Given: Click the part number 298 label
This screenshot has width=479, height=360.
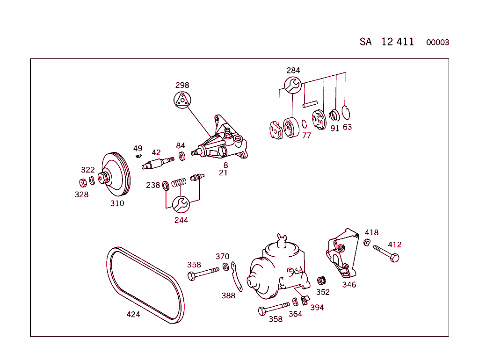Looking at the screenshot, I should coord(182,85).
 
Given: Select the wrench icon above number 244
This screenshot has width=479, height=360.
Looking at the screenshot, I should coord(181,204).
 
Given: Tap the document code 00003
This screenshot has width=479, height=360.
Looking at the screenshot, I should coord(437,43).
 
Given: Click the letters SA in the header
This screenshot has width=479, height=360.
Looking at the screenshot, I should coord(366,42).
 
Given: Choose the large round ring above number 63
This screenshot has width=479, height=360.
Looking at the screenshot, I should coord(346,113).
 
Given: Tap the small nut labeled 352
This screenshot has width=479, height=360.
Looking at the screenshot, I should coord(321,281).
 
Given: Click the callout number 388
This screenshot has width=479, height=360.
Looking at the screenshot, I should coord(228,295).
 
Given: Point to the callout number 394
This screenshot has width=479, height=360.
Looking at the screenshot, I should coord(317,308).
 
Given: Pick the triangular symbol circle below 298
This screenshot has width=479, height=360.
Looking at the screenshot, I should coord(182,101).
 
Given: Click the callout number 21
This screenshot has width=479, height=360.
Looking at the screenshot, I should coord(223,173).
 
